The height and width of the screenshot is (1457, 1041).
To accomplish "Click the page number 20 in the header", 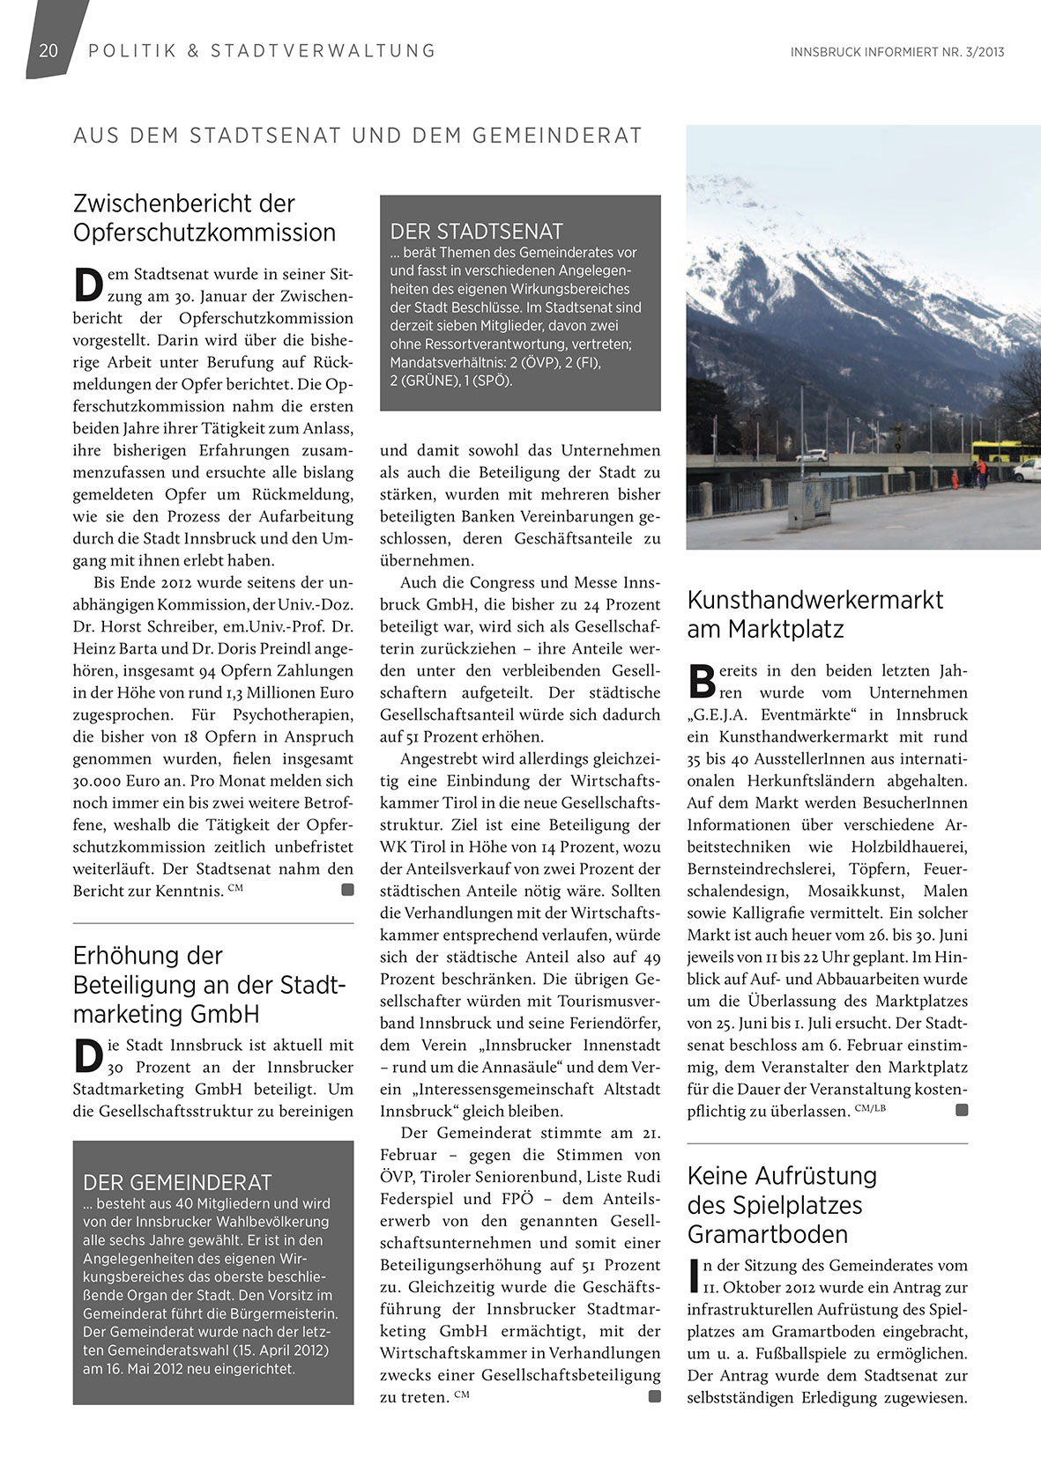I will click(48, 50).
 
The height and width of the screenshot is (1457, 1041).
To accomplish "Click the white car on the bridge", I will click(812, 455).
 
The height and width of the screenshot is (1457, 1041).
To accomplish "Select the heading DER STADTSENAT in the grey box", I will click(476, 232).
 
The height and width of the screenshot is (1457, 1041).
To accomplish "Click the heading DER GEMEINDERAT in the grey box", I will click(177, 1182).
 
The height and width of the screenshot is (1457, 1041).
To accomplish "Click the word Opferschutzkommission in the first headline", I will click(204, 233).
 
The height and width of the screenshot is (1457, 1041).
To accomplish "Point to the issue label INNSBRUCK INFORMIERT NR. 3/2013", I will click(897, 52).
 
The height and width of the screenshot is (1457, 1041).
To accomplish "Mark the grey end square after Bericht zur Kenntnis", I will click(347, 891).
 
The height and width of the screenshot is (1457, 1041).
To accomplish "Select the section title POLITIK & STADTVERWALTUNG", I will click(262, 50).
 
